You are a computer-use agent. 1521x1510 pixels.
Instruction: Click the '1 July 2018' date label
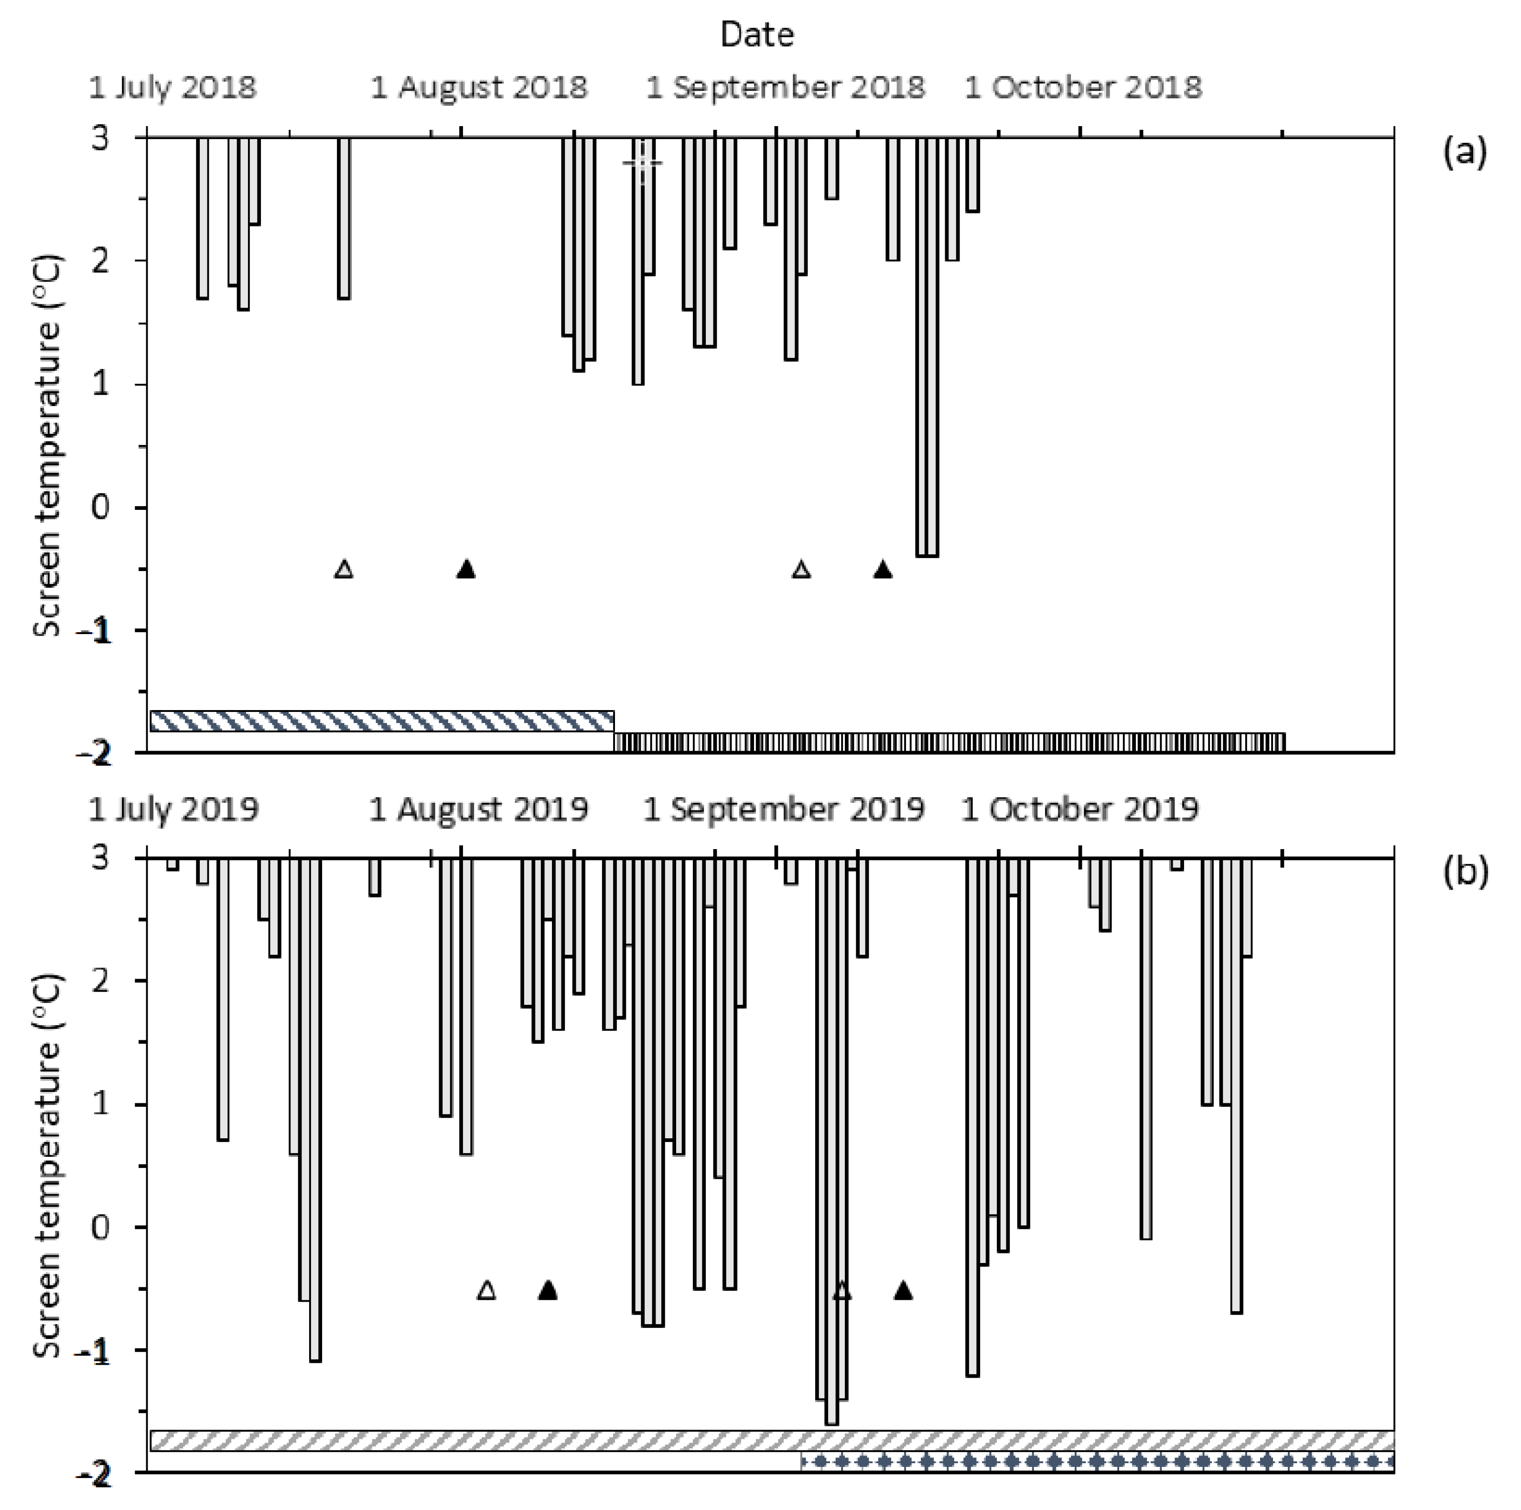click(x=173, y=86)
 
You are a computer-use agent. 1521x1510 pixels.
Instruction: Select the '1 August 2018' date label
click(x=479, y=86)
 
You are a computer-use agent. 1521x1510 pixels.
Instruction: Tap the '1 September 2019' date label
click(x=783, y=809)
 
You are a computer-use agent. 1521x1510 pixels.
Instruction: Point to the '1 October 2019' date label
click(x=1079, y=809)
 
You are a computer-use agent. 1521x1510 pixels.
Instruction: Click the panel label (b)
click(x=1464, y=872)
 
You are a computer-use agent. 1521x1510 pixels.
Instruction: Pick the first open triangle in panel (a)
click(x=344, y=569)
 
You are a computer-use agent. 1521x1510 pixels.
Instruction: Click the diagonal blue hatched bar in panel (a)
click(x=382, y=721)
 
